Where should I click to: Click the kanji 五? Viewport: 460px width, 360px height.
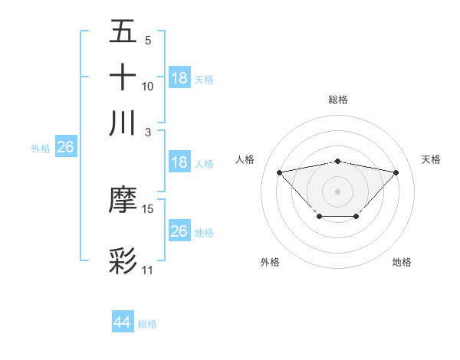coord(123,33)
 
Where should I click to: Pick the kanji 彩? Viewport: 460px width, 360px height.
coord(123,261)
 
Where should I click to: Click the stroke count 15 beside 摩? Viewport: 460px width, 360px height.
coord(148,208)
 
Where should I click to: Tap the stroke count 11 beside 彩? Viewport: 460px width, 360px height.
coord(147,270)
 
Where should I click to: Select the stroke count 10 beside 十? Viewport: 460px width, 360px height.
coord(148,86)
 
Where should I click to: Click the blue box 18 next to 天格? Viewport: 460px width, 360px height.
coord(179,78)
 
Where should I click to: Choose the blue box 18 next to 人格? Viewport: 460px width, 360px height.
coord(179,162)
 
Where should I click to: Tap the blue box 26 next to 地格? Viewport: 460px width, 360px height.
coord(179,231)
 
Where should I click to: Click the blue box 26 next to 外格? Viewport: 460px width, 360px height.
coord(65,147)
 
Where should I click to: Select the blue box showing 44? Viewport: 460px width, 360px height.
coord(122,322)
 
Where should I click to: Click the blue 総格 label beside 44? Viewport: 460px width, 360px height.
coord(147,324)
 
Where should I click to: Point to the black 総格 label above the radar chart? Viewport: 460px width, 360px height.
coord(337,100)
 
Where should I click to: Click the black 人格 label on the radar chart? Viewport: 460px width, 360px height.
coord(245,159)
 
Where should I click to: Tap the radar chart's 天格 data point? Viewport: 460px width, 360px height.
coord(396,172)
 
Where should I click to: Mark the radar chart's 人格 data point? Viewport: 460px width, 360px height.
coord(279,172)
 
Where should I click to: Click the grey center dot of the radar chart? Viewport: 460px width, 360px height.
coord(337,191)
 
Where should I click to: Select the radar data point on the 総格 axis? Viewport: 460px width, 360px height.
coord(337,162)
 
